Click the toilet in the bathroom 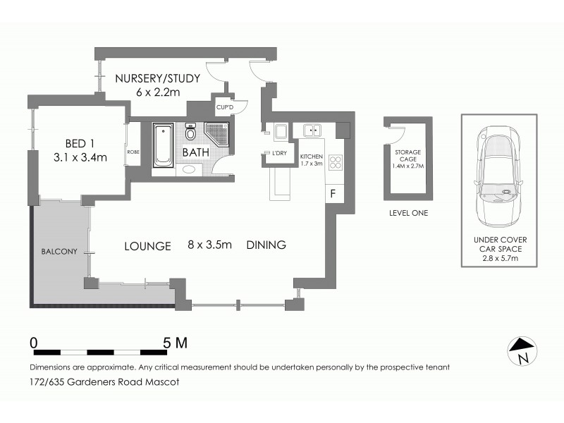click(x=190, y=133)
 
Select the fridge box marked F click(x=333, y=192)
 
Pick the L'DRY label click(x=274, y=154)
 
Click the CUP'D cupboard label click(x=225, y=108)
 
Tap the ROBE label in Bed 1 click(x=132, y=152)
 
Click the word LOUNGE click(x=148, y=246)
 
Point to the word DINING click(x=266, y=246)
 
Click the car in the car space click(x=499, y=173)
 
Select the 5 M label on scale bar click(x=175, y=343)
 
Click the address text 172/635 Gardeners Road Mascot click(x=104, y=382)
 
